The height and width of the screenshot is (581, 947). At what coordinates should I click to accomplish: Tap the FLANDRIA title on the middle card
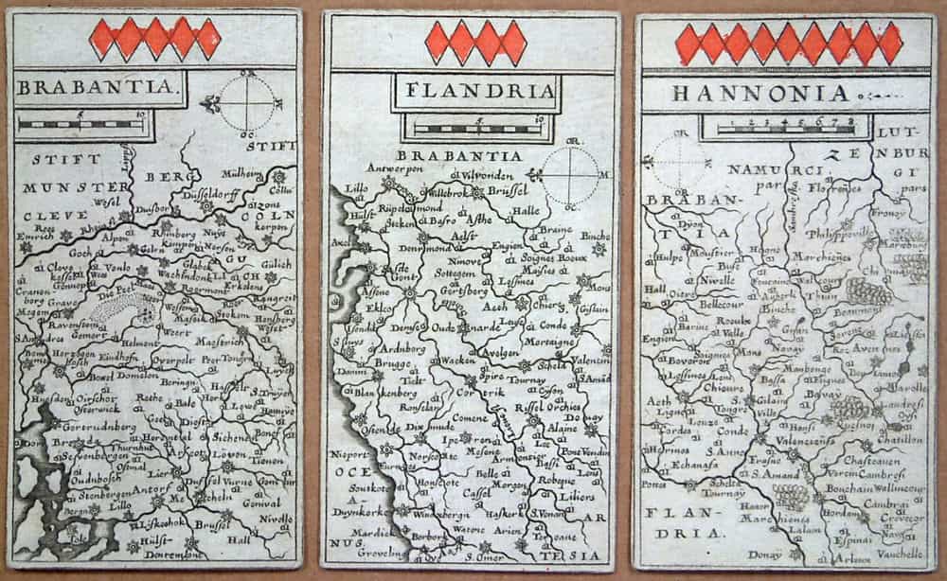(475, 93)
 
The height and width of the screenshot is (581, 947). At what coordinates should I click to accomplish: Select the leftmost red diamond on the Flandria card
(438, 43)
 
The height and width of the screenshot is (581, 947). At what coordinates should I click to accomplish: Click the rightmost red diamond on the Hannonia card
(889, 44)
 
